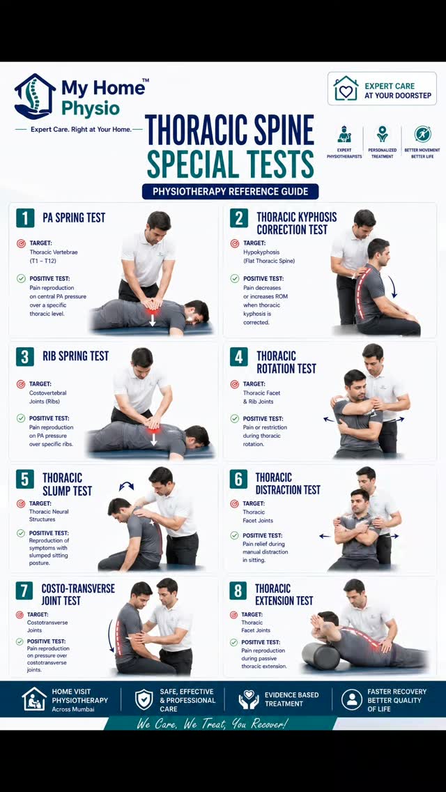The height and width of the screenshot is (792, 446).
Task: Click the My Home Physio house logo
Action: click(35, 96)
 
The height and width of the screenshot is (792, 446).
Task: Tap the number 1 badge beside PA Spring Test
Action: click(25, 218)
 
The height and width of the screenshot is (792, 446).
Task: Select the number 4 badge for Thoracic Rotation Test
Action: click(239, 356)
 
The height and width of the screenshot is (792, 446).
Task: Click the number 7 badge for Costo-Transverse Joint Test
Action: click(24, 590)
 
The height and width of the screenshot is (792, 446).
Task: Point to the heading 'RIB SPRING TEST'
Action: click(75, 356)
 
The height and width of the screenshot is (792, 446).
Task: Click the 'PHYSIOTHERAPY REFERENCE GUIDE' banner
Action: click(231, 192)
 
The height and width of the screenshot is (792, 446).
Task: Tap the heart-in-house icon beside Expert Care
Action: click(346, 89)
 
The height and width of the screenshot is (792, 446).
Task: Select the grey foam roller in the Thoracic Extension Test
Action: click(321, 655)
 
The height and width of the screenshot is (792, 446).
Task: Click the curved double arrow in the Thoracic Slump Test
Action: click(126, 486)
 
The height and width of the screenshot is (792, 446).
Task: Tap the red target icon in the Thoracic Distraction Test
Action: click(233, 503)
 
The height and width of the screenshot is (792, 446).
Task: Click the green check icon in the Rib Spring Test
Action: click(21, 418)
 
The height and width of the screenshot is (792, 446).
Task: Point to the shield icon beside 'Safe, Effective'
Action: click(144, 699)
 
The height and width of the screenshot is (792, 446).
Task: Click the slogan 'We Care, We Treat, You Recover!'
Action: click(212, 723)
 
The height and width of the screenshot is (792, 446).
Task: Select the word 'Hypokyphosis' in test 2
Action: click(261, 252)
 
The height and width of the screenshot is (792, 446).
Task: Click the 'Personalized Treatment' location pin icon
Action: click(383, 134)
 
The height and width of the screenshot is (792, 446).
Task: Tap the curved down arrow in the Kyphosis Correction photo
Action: click(392, 287)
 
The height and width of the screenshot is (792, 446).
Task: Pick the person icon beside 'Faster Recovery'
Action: click(351, 699)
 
